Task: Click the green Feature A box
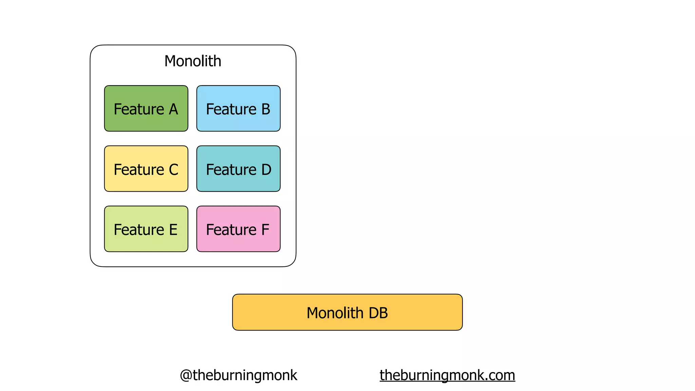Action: coord(146,108)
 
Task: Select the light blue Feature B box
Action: coord(238,108)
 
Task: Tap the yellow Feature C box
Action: coord(146,169)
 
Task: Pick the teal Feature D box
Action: coord(238,169)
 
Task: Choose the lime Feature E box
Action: coord(146,229)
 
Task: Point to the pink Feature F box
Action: coord(238,229)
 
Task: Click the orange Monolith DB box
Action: coord(347,312)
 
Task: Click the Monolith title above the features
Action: coord(193,61)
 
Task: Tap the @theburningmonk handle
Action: coord(238,375)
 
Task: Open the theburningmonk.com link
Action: coord(447,375)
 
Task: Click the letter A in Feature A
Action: coord(173,109)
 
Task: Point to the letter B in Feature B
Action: coord(266,109)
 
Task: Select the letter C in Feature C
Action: coord(173,170)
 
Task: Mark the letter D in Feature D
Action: coord(266,170)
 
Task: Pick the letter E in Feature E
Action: coord(173,230)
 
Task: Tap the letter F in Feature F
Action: coord(265,230)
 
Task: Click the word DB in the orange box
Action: coord(378,313)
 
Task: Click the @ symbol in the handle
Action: coord(186,375)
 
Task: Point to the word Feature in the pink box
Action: coord(231,230)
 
